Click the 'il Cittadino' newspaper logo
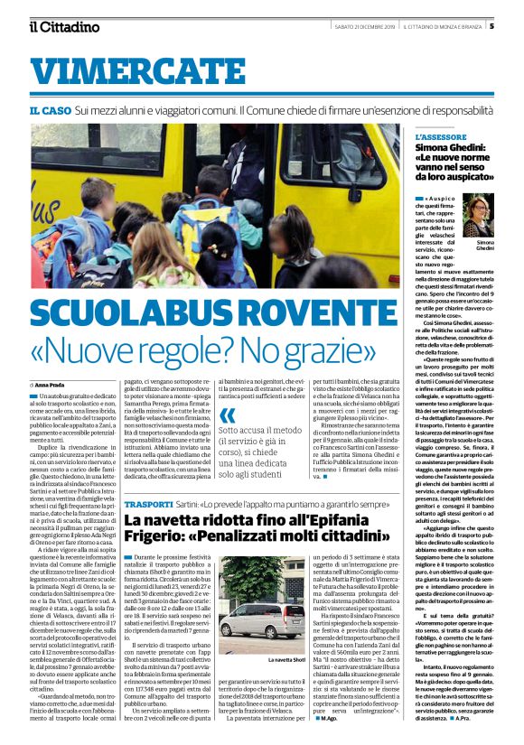pyautogui.click(x=63, y=26)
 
